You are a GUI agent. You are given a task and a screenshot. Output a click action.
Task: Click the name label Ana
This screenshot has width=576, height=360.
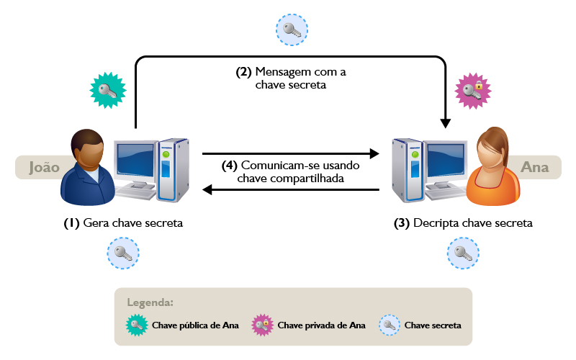click(534, 167)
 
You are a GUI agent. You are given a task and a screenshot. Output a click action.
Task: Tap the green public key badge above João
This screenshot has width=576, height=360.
click(107, 90)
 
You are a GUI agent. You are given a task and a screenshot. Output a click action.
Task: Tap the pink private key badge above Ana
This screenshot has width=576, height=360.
click(473, 90)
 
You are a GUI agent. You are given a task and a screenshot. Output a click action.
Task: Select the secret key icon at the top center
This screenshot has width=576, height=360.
click(292, 30)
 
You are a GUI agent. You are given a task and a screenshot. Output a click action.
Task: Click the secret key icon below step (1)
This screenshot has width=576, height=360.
click(123, 253)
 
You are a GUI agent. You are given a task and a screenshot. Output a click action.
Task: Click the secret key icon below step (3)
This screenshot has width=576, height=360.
click(463, 253)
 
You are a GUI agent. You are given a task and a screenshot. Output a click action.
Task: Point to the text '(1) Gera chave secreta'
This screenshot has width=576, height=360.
click(123, 223)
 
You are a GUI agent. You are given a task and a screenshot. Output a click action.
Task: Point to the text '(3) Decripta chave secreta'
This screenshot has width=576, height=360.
click(463, 223)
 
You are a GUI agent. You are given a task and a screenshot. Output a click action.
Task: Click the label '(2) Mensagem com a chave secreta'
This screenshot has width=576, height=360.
click(291, 78)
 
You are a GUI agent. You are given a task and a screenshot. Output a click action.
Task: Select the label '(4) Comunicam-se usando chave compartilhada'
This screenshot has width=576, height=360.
click(291, 171)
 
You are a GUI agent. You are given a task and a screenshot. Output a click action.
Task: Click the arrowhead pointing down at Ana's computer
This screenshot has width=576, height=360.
click(447, 122)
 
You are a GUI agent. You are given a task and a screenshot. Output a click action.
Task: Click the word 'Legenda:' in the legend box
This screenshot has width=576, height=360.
click(150, 302)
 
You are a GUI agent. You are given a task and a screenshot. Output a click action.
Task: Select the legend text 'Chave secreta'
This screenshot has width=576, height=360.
click(433, 325)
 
